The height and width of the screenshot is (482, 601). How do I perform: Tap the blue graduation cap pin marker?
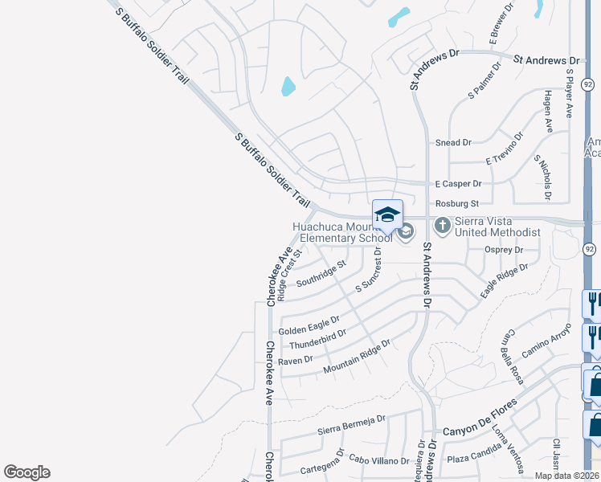[x=387, y=215]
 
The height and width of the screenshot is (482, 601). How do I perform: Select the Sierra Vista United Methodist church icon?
[x=443, y=225]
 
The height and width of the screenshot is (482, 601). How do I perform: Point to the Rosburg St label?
[x=456, y=204]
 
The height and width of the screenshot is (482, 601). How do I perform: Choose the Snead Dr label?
[x=453, y=143]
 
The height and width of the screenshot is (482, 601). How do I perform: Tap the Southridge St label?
[x=321, y=274]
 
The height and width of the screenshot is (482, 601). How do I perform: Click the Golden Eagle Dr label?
[x=309, y=325]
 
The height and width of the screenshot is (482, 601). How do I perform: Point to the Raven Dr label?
[x=296, y=360]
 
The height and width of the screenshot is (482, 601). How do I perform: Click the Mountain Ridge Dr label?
[x=356, y=357]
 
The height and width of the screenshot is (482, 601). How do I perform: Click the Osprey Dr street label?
[x=504, y=250]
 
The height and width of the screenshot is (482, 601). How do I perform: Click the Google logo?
[x=27, y=472]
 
